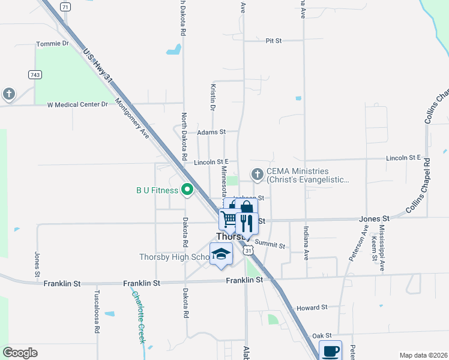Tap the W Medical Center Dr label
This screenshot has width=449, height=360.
[x=77, y=104]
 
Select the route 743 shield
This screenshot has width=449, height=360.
[x=34, y=74]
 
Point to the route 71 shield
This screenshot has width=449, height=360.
[x=65, y=7]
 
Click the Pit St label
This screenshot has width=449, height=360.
[x=274, y=41]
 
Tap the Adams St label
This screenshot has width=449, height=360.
[x=211, y=131]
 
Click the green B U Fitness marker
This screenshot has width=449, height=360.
[x=187, y=190]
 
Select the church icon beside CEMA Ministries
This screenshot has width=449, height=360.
[x=258, y=175]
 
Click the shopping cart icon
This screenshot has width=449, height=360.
[x=229, y=220]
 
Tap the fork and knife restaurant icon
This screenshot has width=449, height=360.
[x=247, y=223]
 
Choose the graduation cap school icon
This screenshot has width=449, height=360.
[x=221, y=254]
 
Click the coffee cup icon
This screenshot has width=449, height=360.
[x=330, y=350]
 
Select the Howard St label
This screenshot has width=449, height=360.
[x=312, y=307]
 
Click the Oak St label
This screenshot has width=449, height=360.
[x=321, y=335]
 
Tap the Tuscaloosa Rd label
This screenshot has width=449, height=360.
[x=96, y=313]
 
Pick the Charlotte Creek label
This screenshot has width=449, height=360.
[x=139, y=317]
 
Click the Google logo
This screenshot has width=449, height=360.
[x=20, y=352]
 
